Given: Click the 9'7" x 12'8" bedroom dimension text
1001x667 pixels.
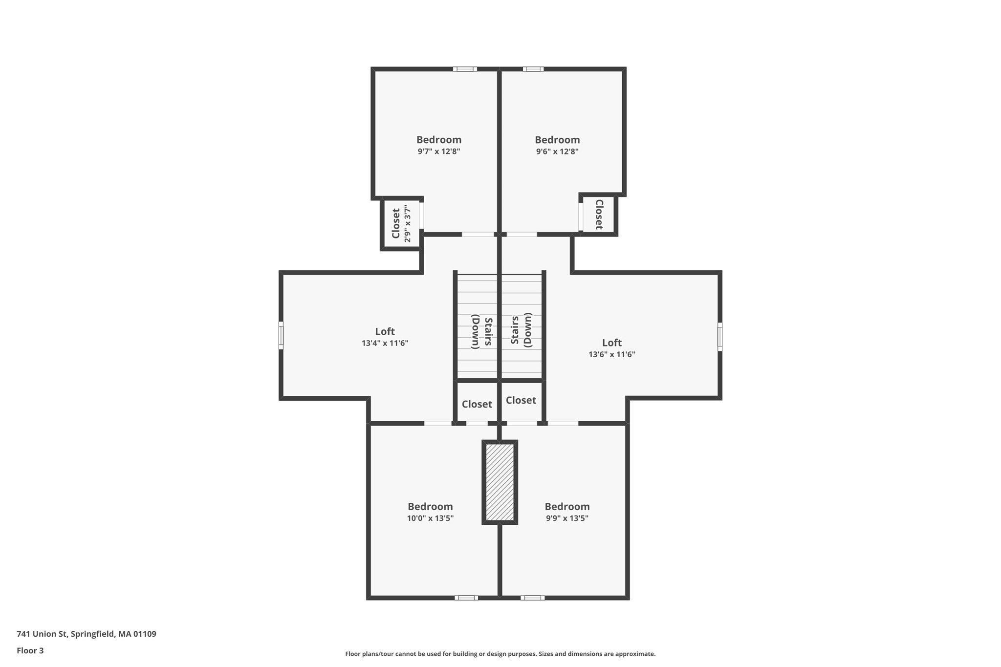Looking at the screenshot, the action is pos(438,151).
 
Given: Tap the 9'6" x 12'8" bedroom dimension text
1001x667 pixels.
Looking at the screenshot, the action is pos(557,151).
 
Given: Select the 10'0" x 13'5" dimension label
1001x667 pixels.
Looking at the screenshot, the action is pos(430,518).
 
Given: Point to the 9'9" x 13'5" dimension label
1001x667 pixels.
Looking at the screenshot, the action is pos(567,518).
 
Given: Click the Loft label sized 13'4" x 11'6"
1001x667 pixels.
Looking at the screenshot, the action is pos(385,331).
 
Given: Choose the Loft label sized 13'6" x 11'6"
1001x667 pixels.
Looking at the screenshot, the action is pos(612,343).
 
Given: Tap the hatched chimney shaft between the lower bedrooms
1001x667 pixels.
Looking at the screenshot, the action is pos(500,482).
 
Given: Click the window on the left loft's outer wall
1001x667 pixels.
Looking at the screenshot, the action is pos(281,335).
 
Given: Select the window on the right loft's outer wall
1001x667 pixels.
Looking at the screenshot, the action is pos(720,336).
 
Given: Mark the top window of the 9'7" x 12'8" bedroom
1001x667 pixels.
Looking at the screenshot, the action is pos(465,69).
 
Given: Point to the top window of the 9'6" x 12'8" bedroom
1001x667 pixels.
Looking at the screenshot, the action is pos(533,69).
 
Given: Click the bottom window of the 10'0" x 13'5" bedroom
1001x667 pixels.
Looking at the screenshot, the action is pos(466,598).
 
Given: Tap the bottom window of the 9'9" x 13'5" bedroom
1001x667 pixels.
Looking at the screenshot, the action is pos(532,598).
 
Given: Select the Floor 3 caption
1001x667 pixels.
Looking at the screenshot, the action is pos(30,650).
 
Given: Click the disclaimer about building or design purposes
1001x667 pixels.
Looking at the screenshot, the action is pos(500,654).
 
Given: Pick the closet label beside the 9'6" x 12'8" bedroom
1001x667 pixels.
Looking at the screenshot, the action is pos(598,214).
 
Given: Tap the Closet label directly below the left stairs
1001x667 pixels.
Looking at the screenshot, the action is pos(477,404).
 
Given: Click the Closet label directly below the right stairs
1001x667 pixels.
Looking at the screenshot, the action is pos(521,400).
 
